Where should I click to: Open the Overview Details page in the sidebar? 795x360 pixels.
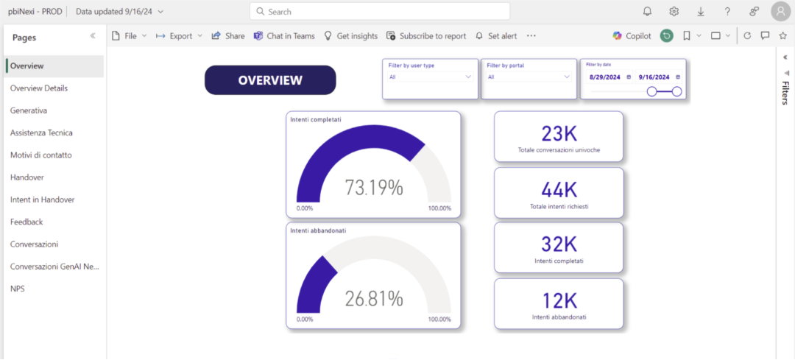39,88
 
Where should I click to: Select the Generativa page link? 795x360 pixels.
29,110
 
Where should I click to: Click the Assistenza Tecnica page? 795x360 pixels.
41,133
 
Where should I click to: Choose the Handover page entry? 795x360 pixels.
27,177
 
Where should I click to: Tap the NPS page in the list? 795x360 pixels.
17,289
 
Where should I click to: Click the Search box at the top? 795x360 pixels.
380,12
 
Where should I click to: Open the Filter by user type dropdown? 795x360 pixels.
431,77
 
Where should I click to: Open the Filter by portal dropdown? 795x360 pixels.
529,77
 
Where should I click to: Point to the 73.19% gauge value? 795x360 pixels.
374,188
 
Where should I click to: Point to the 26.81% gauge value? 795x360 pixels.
374,299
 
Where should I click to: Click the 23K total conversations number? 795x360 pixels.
559,133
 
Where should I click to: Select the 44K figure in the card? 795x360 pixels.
559,190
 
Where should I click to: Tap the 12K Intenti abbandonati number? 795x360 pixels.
559,300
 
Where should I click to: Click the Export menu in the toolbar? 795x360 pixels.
179,36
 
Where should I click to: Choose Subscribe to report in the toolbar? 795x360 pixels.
426,36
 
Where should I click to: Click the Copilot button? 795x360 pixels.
632,36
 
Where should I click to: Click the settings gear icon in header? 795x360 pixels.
674,12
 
